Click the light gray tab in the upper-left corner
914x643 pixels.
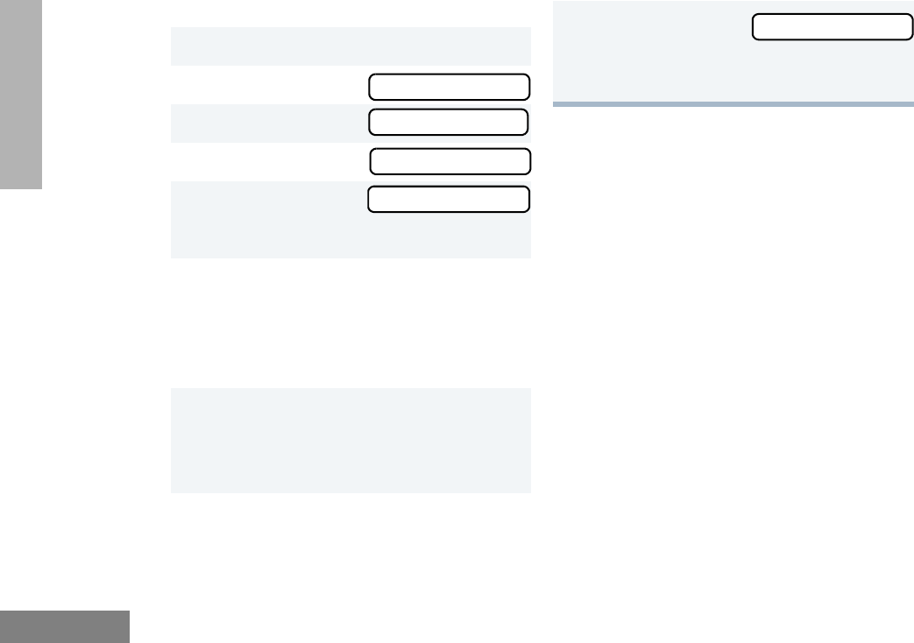20,94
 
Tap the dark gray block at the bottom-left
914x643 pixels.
64,626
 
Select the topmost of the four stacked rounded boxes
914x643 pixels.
449,87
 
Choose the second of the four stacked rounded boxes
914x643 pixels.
449,122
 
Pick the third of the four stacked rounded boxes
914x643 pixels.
450,161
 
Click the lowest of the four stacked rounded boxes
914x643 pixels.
448,200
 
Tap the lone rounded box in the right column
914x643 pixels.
833,27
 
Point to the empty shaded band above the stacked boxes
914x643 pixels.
351,46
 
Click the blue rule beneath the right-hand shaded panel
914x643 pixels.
733,104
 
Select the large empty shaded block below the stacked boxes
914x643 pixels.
351,440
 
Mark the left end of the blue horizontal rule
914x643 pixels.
556,104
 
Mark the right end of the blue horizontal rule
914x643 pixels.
911,104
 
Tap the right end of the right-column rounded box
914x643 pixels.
910,27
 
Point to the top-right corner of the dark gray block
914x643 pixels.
129,612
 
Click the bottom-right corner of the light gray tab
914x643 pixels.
41,187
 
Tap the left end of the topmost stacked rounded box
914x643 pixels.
372,87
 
